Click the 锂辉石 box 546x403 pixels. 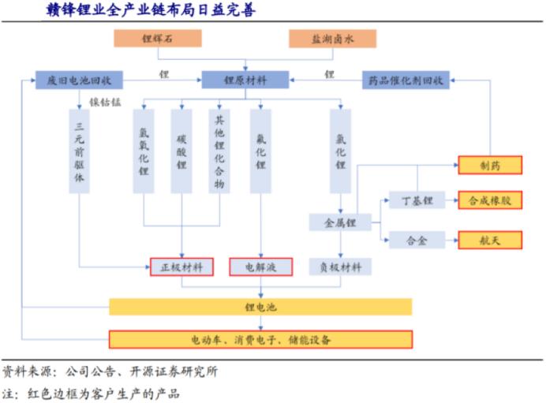[x=158, y=38]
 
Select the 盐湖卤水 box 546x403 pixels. [x=331, y=38]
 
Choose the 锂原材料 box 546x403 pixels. [x=245, y=80]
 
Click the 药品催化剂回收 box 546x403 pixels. [x=405, y=80]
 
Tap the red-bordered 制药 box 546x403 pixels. [x=490, y=165]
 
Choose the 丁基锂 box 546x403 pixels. [x=416, y=201]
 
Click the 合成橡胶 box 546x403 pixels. [x=490, y=201]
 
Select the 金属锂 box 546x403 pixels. [x=340, y=223]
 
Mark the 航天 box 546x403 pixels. [x=490, y=240]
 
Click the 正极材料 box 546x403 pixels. [x=181, y=267]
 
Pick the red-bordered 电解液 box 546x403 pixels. [x=260, y=267]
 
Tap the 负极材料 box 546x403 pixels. [x=340, y=267]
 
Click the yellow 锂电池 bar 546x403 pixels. [x=260, y=307]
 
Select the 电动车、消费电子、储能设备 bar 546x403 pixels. [x=260, y=340]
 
